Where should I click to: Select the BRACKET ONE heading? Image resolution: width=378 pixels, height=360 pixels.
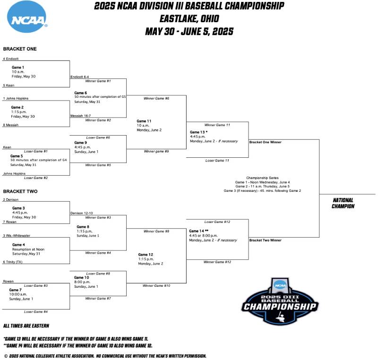pos(20,49)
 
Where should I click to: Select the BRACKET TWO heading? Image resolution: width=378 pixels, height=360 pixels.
pos(20,192)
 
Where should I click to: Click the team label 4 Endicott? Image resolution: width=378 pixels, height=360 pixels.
pos(11,59)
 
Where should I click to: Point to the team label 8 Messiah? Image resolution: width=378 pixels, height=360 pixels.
pos(11,125)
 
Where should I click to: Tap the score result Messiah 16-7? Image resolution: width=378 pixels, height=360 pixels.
pos(81,115)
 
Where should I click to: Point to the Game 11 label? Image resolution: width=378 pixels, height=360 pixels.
pos(144,121)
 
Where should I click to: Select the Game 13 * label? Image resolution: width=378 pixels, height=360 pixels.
pos(198,132)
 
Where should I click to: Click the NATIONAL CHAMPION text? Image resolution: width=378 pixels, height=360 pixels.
pos(344,203)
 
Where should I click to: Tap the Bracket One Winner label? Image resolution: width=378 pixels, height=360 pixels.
pos(265,142)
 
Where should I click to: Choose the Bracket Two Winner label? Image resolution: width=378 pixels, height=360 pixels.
pos(265,240)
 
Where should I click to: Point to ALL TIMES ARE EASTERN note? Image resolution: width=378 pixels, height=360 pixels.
pos(26,326)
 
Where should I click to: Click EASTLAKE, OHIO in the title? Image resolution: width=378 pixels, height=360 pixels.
pos(189,19)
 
